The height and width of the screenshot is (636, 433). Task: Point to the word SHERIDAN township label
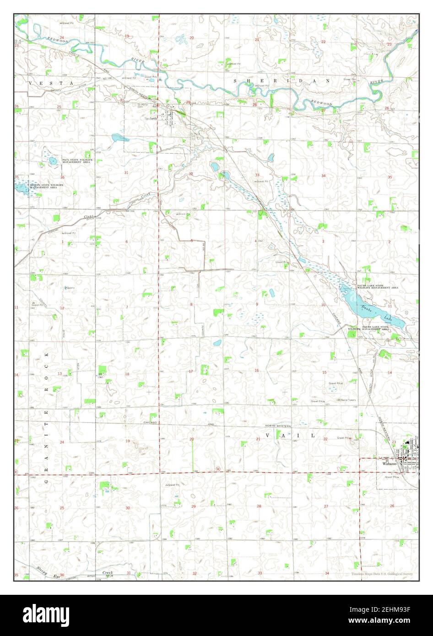point(282,81)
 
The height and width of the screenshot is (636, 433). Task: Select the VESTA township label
point(51,82)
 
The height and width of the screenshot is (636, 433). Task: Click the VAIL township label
point(296,436)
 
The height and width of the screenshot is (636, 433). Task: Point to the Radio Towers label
point(348,400)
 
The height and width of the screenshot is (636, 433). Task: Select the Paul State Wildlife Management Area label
point(77,161)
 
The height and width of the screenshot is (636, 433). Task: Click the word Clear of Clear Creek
point(89,216)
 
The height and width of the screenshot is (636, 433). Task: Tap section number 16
point(257,370)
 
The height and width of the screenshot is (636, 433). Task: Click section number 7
point(127,307)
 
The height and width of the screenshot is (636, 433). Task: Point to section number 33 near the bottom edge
point(260,573)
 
